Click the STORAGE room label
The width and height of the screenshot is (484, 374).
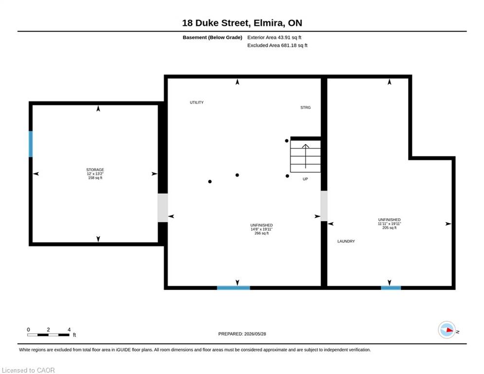click(x=95, y=169)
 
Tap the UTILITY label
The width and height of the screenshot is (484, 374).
click(x=197, y=102)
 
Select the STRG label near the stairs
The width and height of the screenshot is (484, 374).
click(x=305, y=108)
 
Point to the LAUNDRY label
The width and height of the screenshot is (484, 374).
click(x=346, y=241)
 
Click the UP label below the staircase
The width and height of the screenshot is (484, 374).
click(x=305, y=179)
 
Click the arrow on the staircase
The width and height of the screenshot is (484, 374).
click(x=305, y=156)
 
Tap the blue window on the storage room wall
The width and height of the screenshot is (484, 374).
click(x=31, y=144)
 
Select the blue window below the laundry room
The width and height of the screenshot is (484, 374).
click(x=391, y=288)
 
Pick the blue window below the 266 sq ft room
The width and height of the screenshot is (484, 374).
click(x=233, y=288)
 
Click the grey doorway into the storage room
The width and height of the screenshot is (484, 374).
click(x=162, y=208)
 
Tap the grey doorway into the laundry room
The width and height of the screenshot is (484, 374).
click(x=324, y=206)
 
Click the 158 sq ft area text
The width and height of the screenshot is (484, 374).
click(x=95, y=178)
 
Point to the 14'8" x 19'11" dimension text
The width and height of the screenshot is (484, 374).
click(x=261, y=229)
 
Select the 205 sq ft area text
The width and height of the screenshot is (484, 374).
click(x=389, y=227)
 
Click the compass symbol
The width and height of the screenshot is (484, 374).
click(x=447, y=330)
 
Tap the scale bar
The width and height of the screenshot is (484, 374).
click(x=48, y=335)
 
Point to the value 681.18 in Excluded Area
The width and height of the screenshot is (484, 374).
click(x=288, y=45)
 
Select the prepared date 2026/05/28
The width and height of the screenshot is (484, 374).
click(x=255, y=334)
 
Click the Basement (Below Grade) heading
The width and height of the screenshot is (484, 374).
click(x=213, y=37)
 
